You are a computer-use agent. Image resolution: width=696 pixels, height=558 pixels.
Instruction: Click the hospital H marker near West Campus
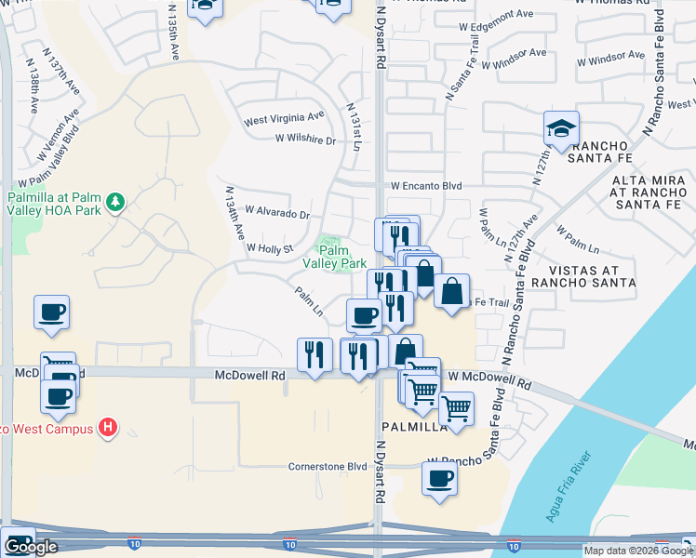pos(108,428)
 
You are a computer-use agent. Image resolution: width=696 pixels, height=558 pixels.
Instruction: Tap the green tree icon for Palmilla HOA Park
pos(115,202)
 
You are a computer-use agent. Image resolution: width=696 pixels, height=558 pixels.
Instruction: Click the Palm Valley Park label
pos(334,257)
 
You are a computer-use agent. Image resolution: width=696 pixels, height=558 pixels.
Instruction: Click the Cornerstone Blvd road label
pos(328,466)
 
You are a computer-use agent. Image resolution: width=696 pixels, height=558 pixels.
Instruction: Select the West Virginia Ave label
pos(284,120)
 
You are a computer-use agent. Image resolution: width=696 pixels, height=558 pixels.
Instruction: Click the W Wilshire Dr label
pos(305,139)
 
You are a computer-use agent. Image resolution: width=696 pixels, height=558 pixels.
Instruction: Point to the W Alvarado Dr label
pos(276,213)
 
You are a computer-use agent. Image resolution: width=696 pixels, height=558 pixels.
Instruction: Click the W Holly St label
pos(270,248)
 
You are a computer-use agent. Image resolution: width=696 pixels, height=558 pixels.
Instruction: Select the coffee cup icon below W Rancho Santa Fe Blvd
pos(439,480)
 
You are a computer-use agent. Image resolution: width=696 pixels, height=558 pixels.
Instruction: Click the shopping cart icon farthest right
pos(456,408)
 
